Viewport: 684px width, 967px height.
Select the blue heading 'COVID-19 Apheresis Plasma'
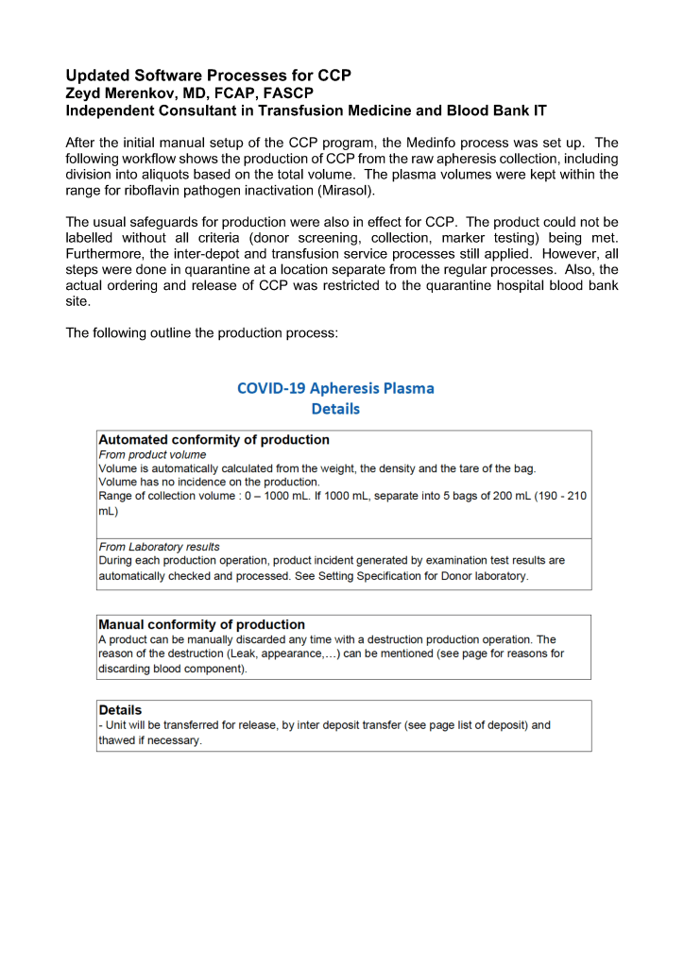[x=335, y=388]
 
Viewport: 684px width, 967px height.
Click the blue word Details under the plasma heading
[x=335, y=409]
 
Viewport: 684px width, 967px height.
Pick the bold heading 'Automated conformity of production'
[x=214, y=440]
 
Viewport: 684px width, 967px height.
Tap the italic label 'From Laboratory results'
[x=159, y=547]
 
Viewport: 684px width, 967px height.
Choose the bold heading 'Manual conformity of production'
[x=201, y=624]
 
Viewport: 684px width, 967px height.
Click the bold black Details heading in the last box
[x=120, y=709]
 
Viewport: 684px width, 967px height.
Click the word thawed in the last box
[x=116, y=741]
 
